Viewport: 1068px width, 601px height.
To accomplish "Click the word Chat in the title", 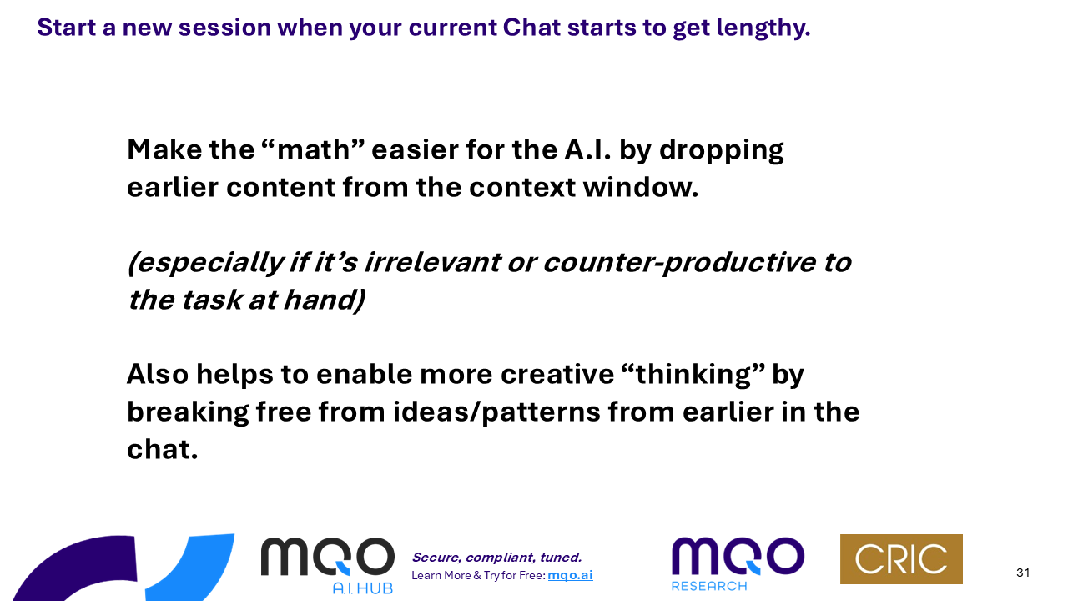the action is [531, 27].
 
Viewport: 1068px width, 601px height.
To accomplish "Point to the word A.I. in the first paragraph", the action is [587, 149].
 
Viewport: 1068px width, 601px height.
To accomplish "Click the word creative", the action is [557, 374].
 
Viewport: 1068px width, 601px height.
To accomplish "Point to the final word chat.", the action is [162, 449].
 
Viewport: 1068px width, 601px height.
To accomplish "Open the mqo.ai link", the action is [570, 575].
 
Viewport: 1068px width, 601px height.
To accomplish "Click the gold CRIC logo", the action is [901, 559].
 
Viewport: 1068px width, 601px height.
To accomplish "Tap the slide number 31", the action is [1023, 573].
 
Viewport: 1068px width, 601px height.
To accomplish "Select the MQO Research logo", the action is [738, 563].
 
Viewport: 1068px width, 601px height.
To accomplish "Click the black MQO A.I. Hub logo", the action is [328, 565].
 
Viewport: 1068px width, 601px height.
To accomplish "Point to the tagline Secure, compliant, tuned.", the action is [496, 558].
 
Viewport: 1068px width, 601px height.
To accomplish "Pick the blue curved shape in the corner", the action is [200, 568].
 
